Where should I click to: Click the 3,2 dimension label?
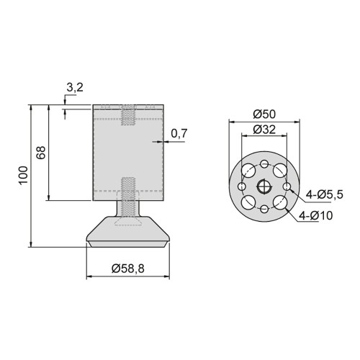pyautogui.click(x=74, y=89)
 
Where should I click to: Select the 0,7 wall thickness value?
pyautogui.click(x=180, y=132)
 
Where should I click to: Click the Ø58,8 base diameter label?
pyautogui.click(x=129, y=269)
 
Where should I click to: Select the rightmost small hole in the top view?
pyautogui.click(x=287, y=186)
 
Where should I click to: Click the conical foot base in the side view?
pyautogui.click(x=129, y=231)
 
